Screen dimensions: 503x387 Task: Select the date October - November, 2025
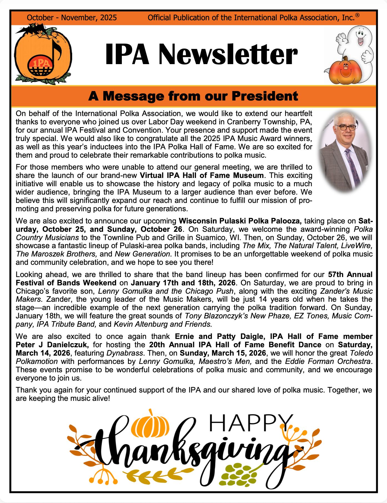(x=72, y=18)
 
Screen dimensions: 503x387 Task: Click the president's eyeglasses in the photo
(x=346, y=127)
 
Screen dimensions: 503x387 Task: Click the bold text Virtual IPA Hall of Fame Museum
(x=202, y=175)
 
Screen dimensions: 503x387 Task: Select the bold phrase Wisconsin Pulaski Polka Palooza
(x=240, y=221)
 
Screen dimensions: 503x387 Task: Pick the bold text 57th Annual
(x=350, y=275)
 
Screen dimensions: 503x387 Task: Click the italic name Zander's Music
(x=346, y=291)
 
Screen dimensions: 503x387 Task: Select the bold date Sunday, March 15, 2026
(x=223, y=353)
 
